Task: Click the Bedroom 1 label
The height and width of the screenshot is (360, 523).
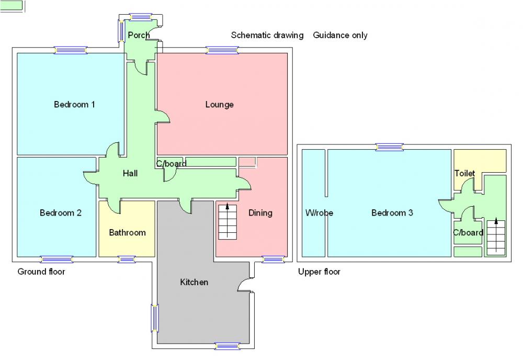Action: point(74,105)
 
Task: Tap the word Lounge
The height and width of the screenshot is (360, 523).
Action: point(219,105)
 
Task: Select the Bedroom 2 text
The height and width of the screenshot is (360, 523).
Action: point(61,213)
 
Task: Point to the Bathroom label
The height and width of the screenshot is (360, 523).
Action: point(127,232)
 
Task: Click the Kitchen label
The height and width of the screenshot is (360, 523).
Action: point(194,283)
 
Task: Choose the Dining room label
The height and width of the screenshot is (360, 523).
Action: point(260,213)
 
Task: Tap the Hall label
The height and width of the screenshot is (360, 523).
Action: point(130,173)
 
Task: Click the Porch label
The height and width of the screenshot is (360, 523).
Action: point(139,35)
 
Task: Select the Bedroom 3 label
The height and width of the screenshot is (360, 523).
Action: point(392,213)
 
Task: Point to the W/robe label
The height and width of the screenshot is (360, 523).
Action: point(319,213)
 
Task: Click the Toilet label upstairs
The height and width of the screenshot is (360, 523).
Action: point(464,173)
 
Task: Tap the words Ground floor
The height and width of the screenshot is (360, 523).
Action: point(41,272)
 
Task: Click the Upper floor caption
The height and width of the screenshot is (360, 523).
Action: point(319,272)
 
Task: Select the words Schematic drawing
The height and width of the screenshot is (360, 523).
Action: point(267,36)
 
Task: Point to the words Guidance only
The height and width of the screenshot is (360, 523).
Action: point(340,36)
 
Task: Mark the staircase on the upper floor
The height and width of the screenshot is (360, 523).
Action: point(496,237)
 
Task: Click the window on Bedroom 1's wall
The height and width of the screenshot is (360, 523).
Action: point(71,50)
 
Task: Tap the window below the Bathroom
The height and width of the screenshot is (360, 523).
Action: point(127,259)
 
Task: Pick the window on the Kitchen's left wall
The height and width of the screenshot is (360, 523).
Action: point(155,318)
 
